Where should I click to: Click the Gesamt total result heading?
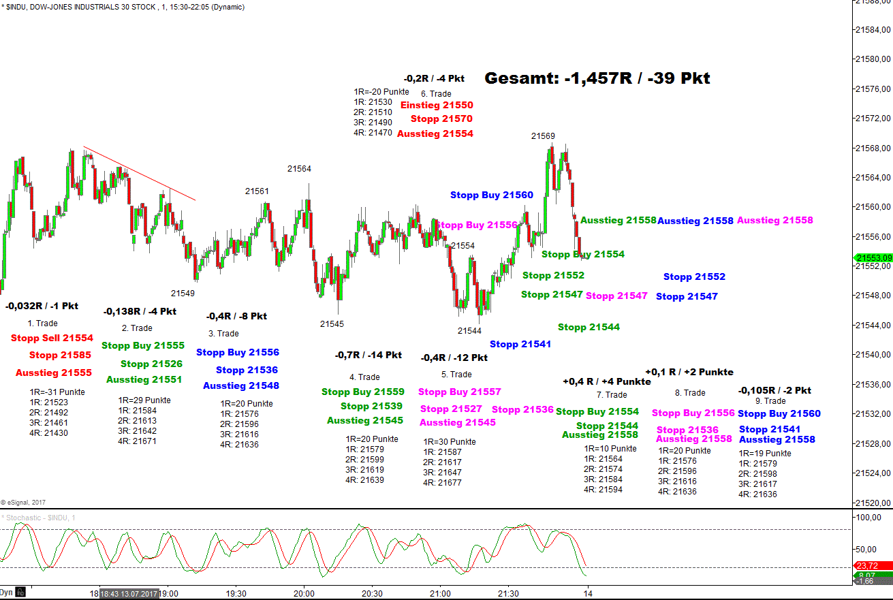pyautogui.click(x=597, y=78)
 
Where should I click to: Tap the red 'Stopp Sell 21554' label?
pyautogui.click(x=52, y=338)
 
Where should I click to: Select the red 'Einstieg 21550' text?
pyautogui.click(x=437, y=105)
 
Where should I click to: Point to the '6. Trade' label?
pyautogui.click(x=436, y=94)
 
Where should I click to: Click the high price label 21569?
pyautogui.click(x=543, y=136)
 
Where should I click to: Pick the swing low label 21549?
pyautogui.click(x=183, y=294)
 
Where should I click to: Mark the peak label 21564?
pyautogui.click(x=299, y=169)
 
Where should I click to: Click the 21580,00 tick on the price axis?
pyautogui.click(x=873, y=59)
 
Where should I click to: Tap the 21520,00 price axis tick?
pyautogui.click(x=873, y=503)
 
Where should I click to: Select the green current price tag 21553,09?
pyautogui.click(x=873, y=257)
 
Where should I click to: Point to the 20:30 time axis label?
pyautogui.click(x=372, y=593)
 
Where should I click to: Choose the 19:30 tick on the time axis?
pyautogui.click(x=236, y=593)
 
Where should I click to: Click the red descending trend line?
pyautogui.click(x=140, y=173)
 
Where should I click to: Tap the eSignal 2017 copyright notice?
pyautogui.click(x=24, y=502)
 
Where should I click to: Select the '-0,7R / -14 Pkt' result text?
pyautogui.click(x=368, y=355)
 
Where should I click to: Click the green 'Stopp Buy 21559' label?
pyautogui.click(x=363, y=392)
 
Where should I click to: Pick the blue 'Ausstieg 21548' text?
pyautogui.click(x=241, y=385)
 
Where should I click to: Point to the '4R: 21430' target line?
pyautogui.click(x=48, y=432)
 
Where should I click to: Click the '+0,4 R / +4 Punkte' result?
pyautogui.click(x=607, y=381)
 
